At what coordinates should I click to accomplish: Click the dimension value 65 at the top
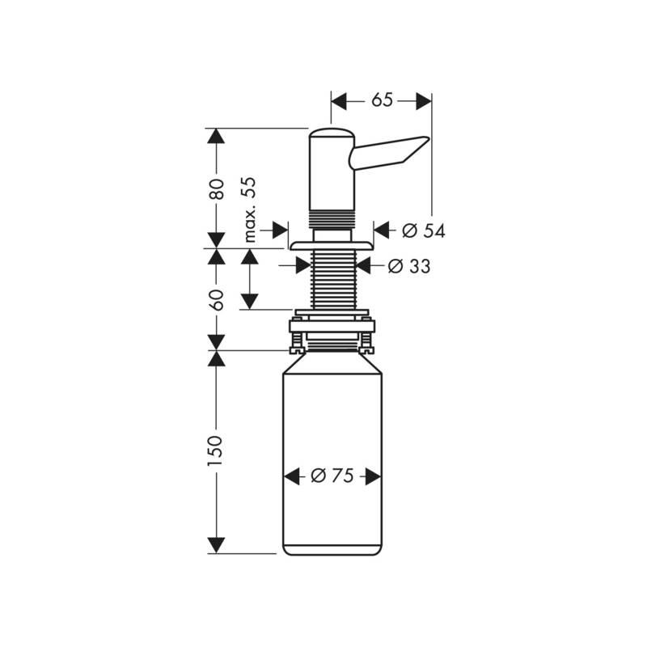point(382,100)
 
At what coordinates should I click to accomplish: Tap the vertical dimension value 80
point(215,188)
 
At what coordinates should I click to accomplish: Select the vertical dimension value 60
point(215,299)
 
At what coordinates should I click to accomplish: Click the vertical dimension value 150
point(215,450)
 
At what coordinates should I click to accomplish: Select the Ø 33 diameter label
point(408,266)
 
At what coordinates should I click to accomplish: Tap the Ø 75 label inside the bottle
point(332,476)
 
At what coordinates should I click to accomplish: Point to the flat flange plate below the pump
point(332,244)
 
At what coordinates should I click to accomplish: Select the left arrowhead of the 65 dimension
point(339,100)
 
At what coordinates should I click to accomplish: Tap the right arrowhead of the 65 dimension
point(424,100)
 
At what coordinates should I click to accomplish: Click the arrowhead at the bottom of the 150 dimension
point(215,545)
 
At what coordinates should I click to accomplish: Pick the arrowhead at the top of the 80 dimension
point(215,137)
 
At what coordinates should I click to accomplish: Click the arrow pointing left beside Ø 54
point(384,230)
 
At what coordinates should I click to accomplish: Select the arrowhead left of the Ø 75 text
point(292,476)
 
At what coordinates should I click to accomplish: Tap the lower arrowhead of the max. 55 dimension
point(249,301)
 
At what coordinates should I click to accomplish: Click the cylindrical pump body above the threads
point(332,174)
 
